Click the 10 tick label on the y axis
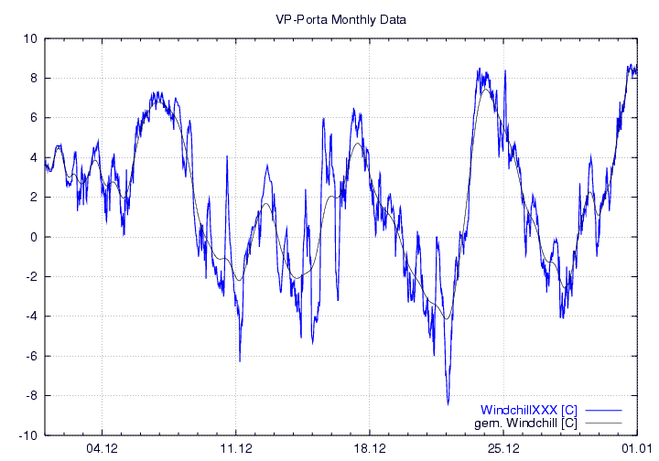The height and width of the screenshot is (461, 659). click(30, 38)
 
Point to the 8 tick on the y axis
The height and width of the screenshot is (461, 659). click(33, 78)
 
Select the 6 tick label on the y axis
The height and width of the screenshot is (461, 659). click(33, 118)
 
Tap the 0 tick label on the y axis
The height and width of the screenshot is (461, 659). click(33, 237)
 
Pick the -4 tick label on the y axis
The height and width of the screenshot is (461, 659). click(31, 316)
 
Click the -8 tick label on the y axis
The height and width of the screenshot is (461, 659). click(31, 396)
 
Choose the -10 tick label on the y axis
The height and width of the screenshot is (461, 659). click(27, 435)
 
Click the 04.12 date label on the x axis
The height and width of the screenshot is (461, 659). click(103, 448)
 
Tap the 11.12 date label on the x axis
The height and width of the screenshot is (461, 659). click(236, 448)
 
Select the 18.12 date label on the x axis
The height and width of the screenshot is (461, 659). click(370, 448)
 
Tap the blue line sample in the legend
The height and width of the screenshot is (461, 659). click(602, 410)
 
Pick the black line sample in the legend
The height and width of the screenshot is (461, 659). click(602, 423)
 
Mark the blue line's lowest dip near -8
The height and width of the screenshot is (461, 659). click(448, 403)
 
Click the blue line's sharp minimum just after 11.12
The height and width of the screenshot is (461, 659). click(240, 360)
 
